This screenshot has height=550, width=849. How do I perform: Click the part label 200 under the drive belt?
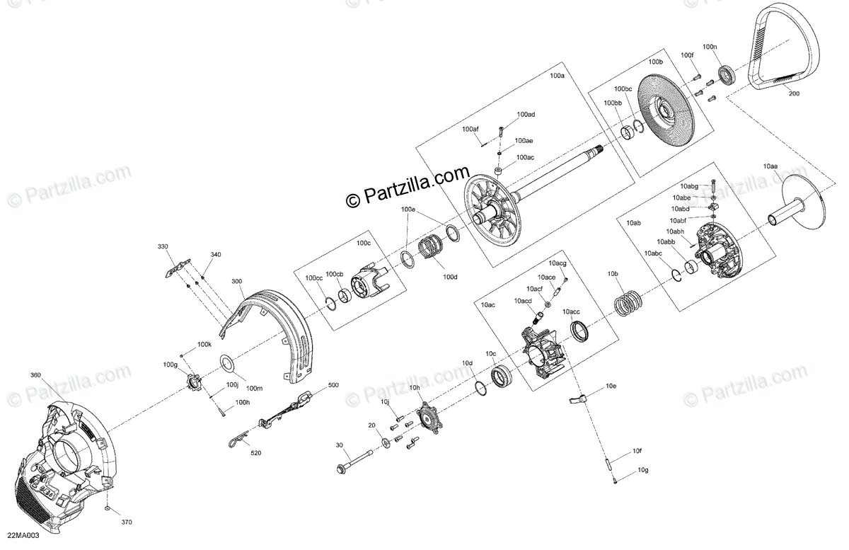[794, 93]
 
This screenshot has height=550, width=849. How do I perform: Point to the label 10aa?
[770, 166]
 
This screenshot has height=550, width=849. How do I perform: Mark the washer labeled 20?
[385, 444]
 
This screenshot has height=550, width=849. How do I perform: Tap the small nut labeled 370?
[105, 510]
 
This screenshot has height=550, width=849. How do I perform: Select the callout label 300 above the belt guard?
[236, 281]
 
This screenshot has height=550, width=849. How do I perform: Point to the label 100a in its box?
[558, 75]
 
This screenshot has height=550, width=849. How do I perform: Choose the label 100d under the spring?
[450, 277]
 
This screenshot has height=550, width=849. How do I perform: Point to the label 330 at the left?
[163, 246]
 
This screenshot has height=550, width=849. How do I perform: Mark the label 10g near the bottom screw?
[642, 470]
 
